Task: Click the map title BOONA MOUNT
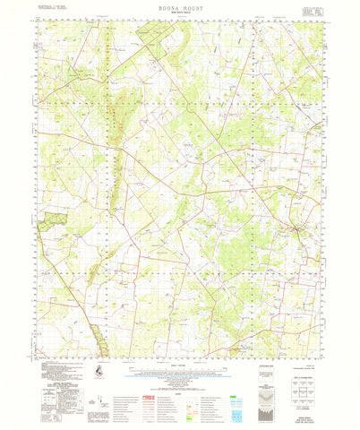pyautogui.click(x=179, y=7)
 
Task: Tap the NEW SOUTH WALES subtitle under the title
pyautogui.click(x=179, y=14)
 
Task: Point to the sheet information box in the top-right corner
pyautogui.click(x=313, y=10)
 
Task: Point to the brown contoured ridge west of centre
pyautogui.click(x=114, y=152)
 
